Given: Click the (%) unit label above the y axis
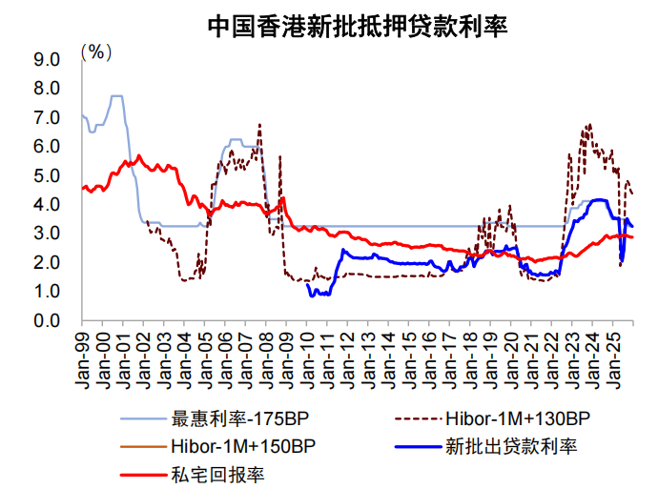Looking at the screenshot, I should coord(96,51).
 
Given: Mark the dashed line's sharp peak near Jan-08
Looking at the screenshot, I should coord(259,124).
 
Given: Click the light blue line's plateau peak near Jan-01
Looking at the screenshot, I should coord(116,96).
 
